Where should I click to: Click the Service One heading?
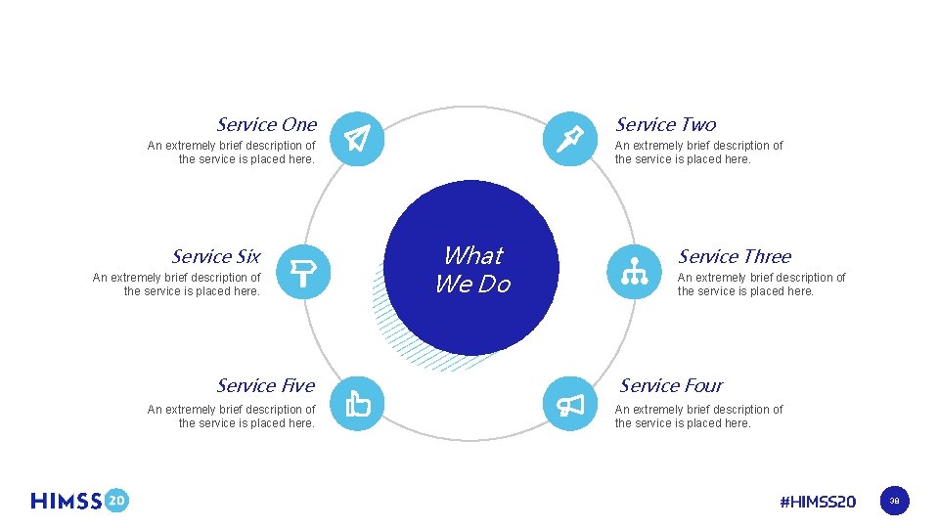coord(266,124)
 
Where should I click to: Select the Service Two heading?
coord(665,124)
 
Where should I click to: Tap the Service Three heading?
coord(735,256)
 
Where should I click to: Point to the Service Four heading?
coord(671,385)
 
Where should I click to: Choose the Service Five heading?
coord(265,385)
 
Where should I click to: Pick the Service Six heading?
coord(215,256)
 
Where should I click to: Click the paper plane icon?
coord(358,139)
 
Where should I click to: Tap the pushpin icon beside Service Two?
coord(569,139)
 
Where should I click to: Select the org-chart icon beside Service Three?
coord(633,271)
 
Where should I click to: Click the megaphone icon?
coord(569,403)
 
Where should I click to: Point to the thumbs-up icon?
coord(358,403)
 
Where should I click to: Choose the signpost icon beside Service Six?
coord(304,271)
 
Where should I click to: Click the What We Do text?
coord(473,270)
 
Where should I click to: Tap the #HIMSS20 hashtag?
coord(818,502)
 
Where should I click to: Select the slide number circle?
coord(894,502)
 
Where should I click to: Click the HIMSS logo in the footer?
coord(67,501)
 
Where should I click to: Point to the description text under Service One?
coord(232,153)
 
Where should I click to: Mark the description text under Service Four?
coord(698,417)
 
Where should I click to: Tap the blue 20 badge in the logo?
coord(116,501)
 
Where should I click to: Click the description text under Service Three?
coord(761,285)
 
